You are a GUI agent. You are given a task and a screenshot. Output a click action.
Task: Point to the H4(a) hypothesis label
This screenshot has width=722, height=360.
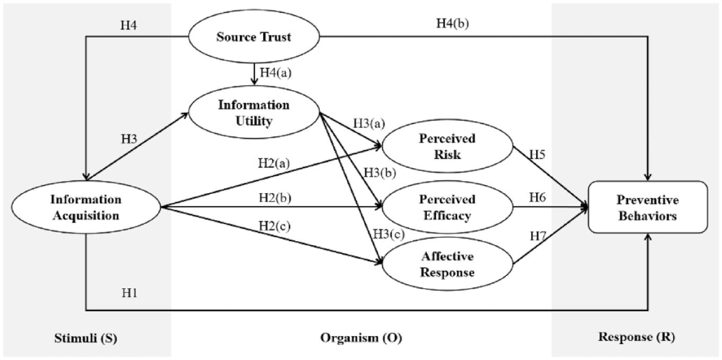coord(276,73)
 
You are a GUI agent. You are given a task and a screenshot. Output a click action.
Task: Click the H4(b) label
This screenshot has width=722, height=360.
coord(452,23)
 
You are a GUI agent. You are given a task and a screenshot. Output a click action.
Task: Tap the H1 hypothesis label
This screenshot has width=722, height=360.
coord(129,293)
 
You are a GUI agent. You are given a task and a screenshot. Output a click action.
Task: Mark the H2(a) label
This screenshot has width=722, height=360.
coord(274,163)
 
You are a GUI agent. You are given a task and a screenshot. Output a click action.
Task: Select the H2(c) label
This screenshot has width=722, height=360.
coord(274,226)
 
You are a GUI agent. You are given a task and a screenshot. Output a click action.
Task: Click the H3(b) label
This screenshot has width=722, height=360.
coord(380,173)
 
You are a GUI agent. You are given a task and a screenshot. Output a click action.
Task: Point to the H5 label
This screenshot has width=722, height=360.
coord(537,155)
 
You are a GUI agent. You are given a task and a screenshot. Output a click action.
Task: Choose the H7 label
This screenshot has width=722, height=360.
coord(538,236)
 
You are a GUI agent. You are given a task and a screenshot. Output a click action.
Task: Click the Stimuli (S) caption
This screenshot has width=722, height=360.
coord(86,338)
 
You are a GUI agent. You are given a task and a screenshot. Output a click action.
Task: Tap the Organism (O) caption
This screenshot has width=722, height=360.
coord(361,338)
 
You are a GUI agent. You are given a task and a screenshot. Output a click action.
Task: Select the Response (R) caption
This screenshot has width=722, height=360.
coord(637,337)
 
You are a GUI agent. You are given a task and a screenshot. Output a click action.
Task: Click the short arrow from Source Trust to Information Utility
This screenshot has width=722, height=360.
coord(255,74)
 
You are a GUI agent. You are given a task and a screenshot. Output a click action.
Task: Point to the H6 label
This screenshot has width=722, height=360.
coord(537,197)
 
